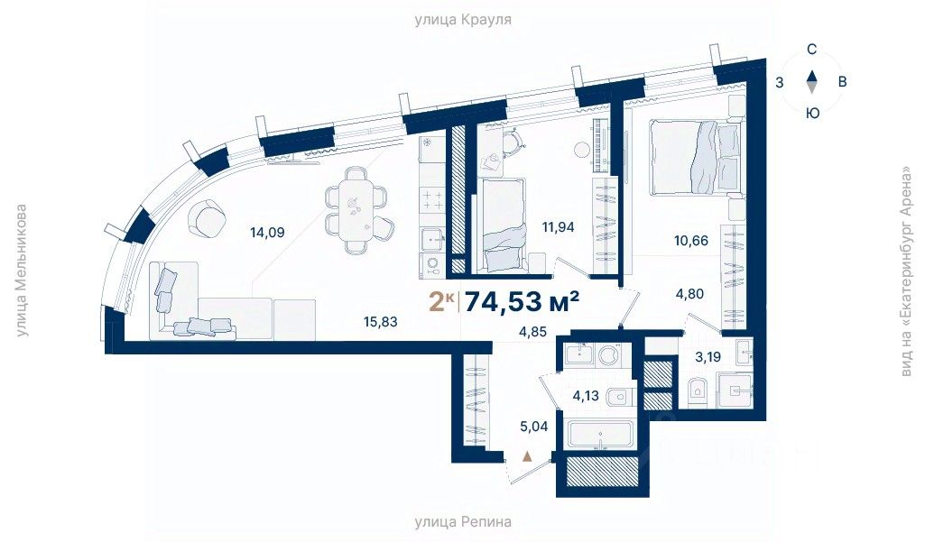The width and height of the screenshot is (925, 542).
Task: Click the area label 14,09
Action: (267, 233)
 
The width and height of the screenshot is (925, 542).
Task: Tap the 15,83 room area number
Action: (381, 322)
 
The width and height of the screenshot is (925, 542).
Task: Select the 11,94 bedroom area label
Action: (558, 226)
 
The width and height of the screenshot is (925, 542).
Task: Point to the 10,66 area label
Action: (691, 241)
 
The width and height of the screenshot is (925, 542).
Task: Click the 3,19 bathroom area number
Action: (708, 357)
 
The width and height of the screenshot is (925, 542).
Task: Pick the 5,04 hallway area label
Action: (534, 426)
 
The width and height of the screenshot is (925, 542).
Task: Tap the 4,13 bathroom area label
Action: (586, 396)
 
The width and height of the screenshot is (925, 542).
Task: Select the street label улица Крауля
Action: (463, 20)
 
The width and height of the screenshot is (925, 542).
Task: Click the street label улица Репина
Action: (463, 522)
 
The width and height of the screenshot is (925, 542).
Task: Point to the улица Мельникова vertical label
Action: (22, 271)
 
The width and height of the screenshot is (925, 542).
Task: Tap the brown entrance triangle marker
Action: (527, 456)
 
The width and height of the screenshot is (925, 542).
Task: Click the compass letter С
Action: (812, 50)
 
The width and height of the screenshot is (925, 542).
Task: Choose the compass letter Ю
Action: (813, 113)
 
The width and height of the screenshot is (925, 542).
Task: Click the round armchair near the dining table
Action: (207, 218)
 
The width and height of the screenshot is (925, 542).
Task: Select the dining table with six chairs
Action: (356, 210)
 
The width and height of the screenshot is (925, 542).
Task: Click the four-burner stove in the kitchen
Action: (431, 199)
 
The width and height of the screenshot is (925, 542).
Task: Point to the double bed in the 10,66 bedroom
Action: (694, 156)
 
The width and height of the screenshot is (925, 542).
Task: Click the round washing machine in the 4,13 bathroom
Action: (607, 355)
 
